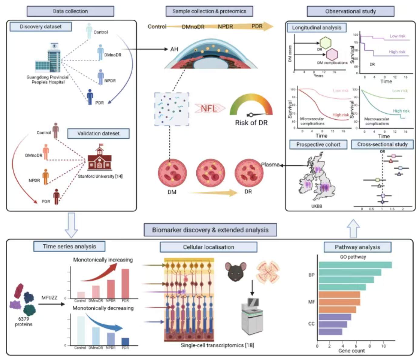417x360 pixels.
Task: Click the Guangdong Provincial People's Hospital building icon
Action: (48, 59)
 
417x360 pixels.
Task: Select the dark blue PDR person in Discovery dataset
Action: (90, 97)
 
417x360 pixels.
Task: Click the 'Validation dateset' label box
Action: (98, 134)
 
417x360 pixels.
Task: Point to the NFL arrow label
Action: (209, 108)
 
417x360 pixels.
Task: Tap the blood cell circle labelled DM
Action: (172, 173)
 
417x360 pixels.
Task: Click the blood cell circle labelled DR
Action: (249, 173)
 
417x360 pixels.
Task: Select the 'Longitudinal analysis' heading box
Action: (316, 28)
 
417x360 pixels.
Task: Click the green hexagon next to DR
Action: (325, 43)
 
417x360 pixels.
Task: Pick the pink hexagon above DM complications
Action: (332, 55)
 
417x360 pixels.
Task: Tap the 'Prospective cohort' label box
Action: (318, 145)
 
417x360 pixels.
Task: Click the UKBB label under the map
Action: (317, 206)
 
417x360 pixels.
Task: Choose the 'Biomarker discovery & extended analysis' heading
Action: (210, 230)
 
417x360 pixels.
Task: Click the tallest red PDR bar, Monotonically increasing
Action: (125, 283)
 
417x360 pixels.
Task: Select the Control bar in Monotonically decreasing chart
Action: (81, 330)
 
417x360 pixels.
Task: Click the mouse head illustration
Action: (235, 271)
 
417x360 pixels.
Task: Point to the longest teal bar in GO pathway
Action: (355, 265)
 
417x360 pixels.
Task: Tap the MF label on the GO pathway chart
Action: (312, 302)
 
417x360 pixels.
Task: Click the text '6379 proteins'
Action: (24, 322)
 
